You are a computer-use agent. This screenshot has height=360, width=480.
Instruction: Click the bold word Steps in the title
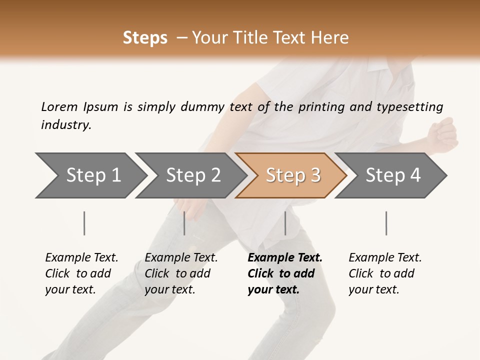145,38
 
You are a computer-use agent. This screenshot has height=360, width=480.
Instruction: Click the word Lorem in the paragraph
59,106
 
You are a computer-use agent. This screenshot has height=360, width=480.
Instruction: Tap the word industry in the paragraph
66,125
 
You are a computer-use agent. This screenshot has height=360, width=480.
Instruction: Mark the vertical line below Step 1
84,223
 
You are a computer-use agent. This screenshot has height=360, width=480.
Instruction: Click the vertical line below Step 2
184,223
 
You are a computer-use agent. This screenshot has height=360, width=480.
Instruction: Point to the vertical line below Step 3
285,223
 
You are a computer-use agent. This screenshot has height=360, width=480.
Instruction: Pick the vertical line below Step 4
386,223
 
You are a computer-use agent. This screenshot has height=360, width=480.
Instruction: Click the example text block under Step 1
81,273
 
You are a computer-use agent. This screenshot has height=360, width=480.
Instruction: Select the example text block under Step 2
181,273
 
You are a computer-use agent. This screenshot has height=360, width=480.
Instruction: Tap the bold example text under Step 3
285,273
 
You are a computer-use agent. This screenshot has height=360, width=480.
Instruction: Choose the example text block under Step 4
385,273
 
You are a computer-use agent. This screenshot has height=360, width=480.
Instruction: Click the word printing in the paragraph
317,107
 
